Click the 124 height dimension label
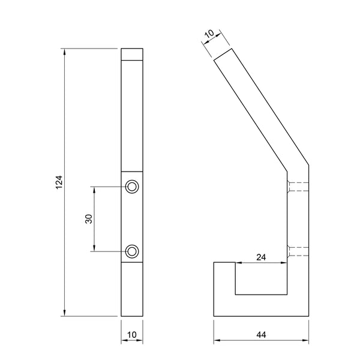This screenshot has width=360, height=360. (59, 183)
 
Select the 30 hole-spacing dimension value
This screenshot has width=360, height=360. (89, 220)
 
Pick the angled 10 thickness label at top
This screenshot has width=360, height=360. (210, 37)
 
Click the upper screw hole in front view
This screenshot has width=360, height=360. (132, 187)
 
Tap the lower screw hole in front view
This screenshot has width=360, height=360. (132, 251)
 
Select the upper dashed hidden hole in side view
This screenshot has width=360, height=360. (298, 187)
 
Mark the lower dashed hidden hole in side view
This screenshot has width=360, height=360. (298, 251)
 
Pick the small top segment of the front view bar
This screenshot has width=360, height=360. (132, 55)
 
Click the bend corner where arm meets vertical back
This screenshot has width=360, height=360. (305, 165)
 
